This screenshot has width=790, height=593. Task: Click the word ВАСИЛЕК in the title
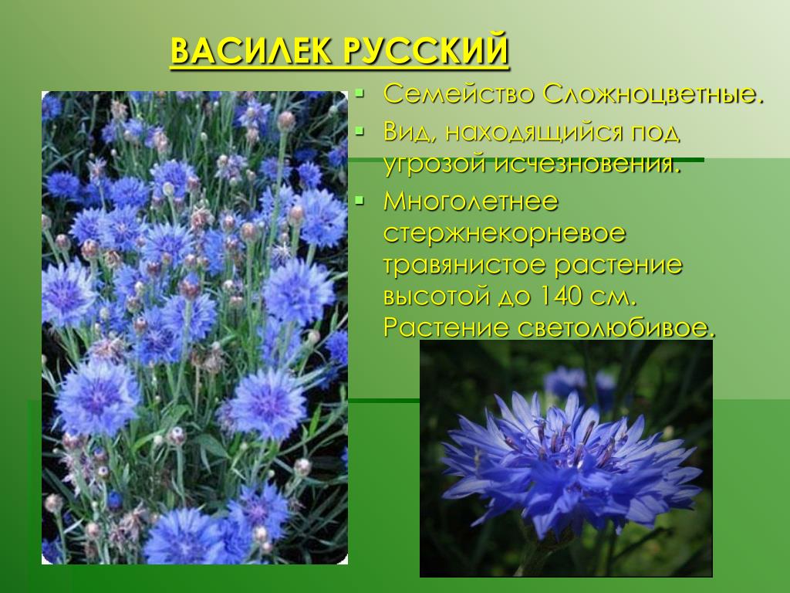click(x=251, y=51)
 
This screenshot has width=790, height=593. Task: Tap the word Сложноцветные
click(x=653, y=95)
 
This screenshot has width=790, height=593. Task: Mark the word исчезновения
click(x=587, y=164)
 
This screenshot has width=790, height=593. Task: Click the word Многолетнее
click(x=471, y=202)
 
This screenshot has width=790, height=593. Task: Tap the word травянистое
click(x=464, y=266)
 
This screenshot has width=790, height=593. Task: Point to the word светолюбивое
click(x=616, y=328)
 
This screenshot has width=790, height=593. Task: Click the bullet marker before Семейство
click(x=359, y=93)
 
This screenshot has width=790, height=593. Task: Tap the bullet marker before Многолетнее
click(x=359, y=202)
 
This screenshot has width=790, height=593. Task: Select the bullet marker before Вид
click(x=359, y=132)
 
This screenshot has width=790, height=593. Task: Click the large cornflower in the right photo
click(x=569, y=464)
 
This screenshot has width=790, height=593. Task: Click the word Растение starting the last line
click(x=446, y=328)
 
